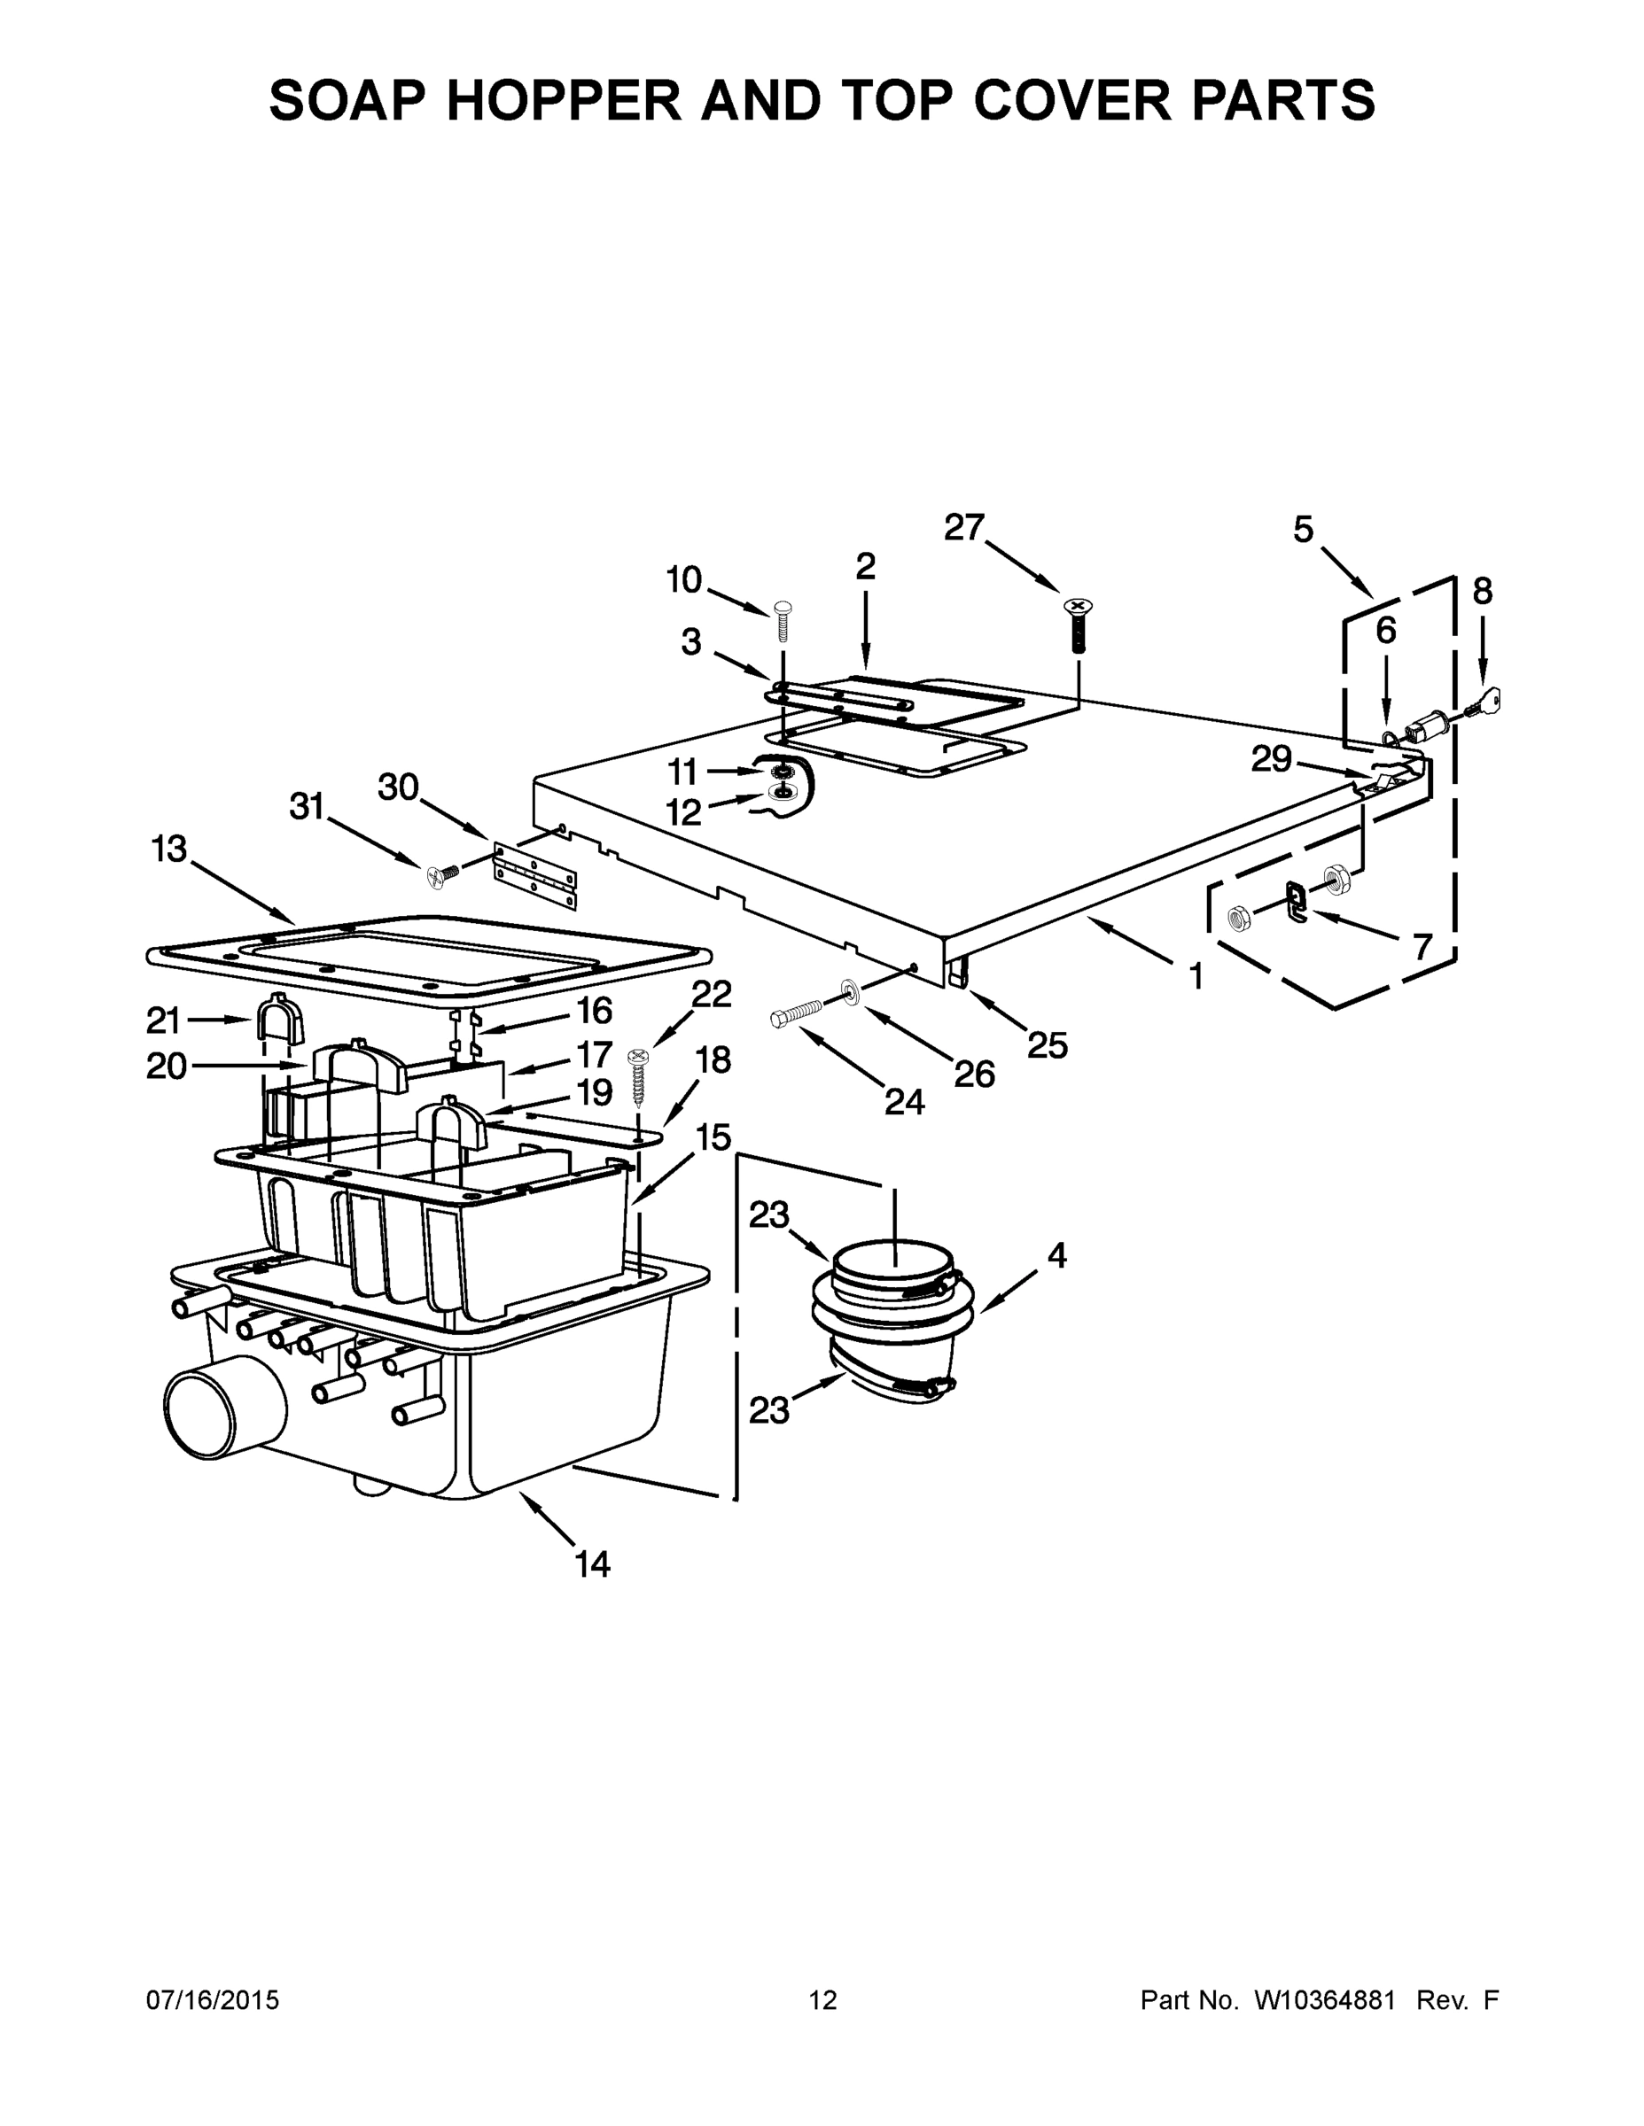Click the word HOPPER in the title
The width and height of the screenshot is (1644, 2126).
pos(564,100)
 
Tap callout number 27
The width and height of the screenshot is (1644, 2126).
pos(964,528)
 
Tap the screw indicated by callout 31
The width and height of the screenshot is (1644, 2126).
pos(440,874)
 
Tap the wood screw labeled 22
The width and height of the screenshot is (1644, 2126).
pos(638,1075)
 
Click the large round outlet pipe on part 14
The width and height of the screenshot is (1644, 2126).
pos(219,1409)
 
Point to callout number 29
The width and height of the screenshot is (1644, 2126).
pos(1271,758)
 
